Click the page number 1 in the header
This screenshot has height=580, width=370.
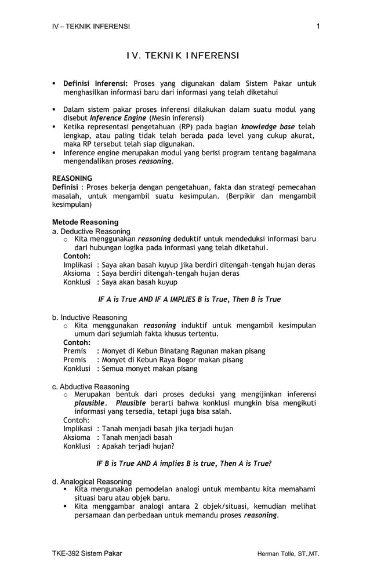click(x=318, y=26)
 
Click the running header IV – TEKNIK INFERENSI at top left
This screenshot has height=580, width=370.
click(x=91, y=26)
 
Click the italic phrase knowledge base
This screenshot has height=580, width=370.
click(x=267, y=126)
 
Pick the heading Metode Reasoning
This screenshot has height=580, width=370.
click(x=85, y=222)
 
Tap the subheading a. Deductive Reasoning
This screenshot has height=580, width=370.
click(x=91, y=231)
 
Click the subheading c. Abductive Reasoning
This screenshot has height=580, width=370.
click(x=90, y=386)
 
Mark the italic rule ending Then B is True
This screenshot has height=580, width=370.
click(x=189, y=300)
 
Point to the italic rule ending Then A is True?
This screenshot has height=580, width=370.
click(x=184, y=464)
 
